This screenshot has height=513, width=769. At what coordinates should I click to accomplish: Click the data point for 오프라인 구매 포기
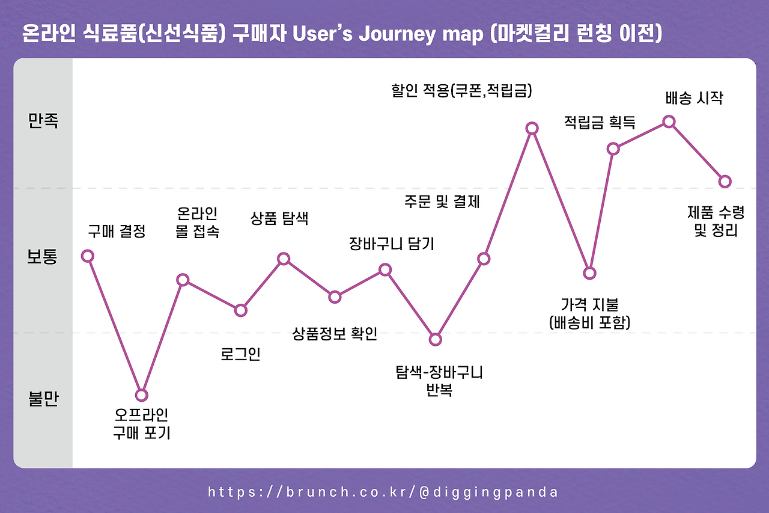pos(141,395)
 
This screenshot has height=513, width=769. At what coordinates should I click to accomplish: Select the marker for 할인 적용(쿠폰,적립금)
pos(532,128)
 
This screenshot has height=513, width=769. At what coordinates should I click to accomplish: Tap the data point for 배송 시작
pos(669,121)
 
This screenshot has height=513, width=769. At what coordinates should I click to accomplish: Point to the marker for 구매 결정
pos(88,256)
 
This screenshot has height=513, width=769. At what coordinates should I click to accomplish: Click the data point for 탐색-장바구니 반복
pos(435,339)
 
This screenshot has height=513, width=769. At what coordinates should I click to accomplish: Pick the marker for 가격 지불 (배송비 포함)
pos(589,273)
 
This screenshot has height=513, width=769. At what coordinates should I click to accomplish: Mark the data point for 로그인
pos(241,310)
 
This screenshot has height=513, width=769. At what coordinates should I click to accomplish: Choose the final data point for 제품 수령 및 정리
pos(725,182)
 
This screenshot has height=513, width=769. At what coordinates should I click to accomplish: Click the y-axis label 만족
pos(43,121)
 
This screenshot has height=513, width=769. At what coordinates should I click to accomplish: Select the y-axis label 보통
pos(42,257)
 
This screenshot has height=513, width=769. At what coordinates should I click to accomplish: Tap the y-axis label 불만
pos(43,399)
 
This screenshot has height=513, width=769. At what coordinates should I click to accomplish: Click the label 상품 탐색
pos(279,218)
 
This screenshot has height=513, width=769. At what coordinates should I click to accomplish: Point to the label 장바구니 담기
pos(392,244)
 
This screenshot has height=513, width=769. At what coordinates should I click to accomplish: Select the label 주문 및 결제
pos(442,201)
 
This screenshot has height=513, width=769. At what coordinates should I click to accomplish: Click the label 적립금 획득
pos(600,122)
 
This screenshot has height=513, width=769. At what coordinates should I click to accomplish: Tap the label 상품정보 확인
pos(335,333)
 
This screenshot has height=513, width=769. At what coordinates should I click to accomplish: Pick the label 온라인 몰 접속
pos(197,223)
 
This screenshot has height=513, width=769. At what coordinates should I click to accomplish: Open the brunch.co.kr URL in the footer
pos(383,492)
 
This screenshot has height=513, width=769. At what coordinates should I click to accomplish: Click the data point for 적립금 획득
pos(613,149)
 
